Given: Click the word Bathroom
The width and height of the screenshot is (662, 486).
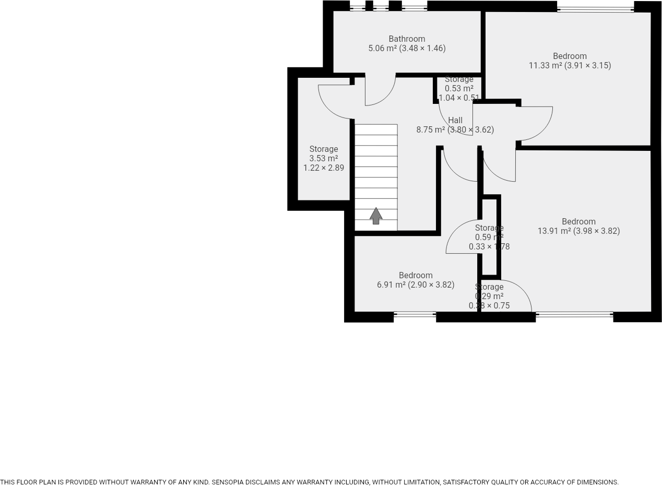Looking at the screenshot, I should tap(407, 39).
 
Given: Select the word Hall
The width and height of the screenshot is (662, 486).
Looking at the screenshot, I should tap(455, 120).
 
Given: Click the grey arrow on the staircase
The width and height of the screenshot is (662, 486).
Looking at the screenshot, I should tap(376, 216).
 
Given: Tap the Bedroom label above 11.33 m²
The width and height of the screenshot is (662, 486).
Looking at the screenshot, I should tap(570, 56).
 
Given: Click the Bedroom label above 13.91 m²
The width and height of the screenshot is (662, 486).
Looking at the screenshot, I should tap(578, 221).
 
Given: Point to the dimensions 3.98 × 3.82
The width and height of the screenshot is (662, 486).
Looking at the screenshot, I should tap(597, 231).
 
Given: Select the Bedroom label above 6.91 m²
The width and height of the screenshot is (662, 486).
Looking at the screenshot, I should tap(416, 275).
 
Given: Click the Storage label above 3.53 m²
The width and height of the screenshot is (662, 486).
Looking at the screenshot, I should tap(324, 149).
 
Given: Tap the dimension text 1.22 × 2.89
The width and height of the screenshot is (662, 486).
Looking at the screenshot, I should tap(324, 168).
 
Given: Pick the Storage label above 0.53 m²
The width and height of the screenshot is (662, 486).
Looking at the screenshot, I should tap(459, 79).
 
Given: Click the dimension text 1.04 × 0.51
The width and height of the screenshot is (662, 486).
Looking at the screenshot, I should tap(459, 98).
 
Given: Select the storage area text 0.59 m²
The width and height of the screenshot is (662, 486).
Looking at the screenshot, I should tap(489, 238).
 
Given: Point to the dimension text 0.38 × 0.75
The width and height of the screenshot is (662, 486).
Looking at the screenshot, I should tap(489, 306).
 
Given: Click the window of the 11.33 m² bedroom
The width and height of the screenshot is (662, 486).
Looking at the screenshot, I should tap(595, 9).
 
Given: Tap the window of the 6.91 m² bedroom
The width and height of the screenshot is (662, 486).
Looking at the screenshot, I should tap(415, 314).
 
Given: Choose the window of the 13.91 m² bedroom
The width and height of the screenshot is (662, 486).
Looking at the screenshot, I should tap(574, 314).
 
